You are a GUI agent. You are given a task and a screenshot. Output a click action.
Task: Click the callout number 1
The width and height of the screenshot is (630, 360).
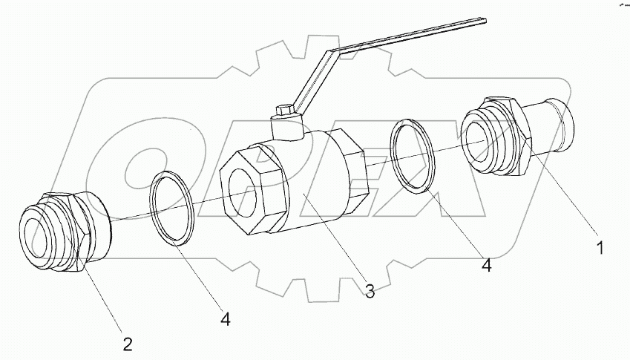(600, 248)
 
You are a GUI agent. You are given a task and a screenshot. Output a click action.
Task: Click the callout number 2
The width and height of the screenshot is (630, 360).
(128, 344)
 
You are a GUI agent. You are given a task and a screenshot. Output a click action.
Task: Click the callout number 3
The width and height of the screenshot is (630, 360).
(370, 290)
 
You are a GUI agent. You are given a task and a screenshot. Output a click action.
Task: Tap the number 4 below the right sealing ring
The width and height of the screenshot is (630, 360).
(487, 265)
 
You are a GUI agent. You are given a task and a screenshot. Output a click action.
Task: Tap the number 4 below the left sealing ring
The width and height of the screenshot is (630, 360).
(226, 319)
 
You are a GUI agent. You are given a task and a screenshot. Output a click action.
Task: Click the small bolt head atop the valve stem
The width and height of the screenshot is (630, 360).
(285, 110)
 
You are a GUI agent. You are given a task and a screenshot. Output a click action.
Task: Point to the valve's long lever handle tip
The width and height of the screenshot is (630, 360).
(485, 21)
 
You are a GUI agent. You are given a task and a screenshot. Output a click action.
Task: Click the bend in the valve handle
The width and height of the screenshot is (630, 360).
(330, 53)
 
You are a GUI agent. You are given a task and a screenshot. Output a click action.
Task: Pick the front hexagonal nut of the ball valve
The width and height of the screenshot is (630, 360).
(254, 189)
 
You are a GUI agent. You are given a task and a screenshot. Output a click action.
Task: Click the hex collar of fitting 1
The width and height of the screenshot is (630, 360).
(517, 136)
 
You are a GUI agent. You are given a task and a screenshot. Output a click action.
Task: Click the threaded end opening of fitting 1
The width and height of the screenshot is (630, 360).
(477, 142)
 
